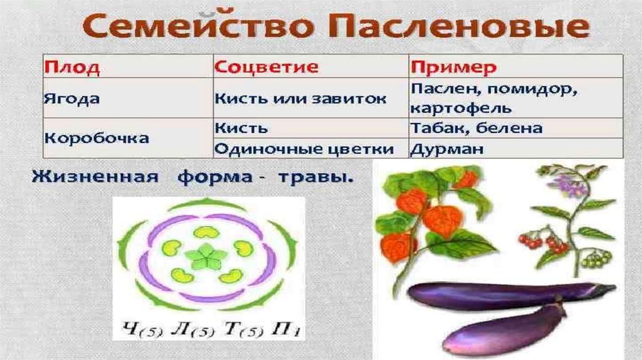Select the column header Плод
72,67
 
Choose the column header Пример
453,67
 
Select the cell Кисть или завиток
301,98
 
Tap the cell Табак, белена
476,128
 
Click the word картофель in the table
461,108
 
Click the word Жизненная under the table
94,178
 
